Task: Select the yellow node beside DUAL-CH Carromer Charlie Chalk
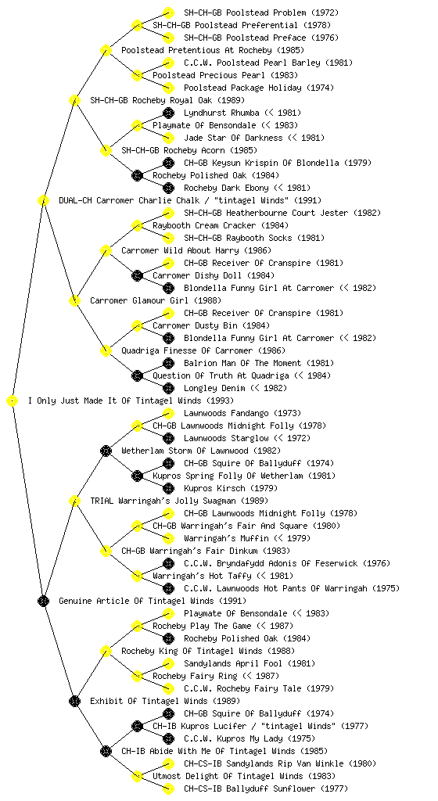point(43,201)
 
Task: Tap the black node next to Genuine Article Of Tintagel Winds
point(43,602)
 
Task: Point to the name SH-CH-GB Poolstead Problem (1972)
point(261,13)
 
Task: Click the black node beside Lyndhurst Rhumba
point(168,113)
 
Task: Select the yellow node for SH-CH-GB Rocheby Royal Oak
point(74,101)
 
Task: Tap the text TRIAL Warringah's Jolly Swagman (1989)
point(179,501)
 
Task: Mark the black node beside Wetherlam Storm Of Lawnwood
point(106,451)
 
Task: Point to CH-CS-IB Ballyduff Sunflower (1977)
point(266,789)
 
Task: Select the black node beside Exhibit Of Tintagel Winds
point(74,702)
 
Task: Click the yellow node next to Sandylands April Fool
point(168,664)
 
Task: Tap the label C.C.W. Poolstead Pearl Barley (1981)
point(268,63)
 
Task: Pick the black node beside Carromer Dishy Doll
point(137,276)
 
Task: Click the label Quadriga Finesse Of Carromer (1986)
point(203,351)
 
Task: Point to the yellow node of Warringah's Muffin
point(168,539)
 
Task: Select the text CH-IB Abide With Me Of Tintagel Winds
point(224,752)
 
